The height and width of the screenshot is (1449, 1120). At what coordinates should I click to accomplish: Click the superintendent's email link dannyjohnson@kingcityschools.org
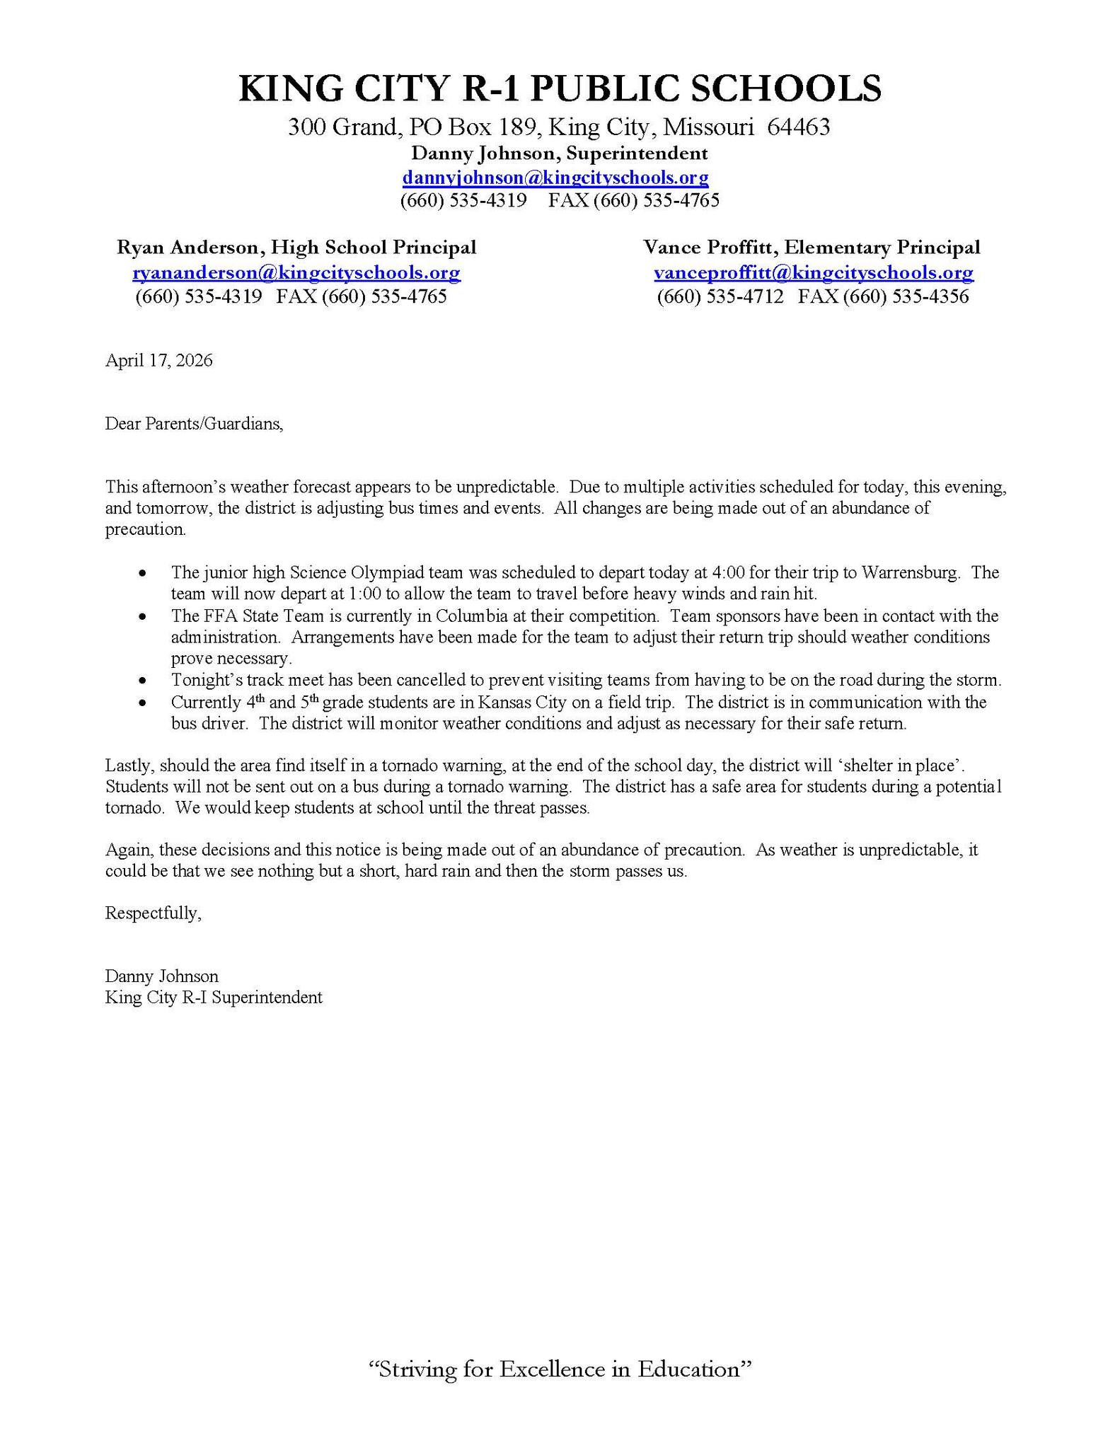coord(555,177)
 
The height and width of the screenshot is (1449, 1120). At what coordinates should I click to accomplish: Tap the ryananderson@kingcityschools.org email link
coord(296,272)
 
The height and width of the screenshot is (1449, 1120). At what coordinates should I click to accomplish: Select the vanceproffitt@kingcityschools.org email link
coord(813,272)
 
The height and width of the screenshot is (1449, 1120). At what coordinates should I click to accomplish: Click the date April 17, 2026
coord(158,361)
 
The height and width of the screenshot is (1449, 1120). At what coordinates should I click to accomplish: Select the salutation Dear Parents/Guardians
coord(194,424)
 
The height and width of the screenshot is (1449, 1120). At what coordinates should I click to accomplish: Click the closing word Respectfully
coord(153,913)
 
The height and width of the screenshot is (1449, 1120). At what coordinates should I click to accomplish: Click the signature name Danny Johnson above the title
coord(162,976)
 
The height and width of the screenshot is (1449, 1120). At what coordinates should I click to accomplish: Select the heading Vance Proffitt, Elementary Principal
coord(812,248)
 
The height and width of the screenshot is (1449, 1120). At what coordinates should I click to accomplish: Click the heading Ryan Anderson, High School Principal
coord(296,248)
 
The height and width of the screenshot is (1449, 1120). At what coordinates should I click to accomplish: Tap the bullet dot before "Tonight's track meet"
coord(144,681)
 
